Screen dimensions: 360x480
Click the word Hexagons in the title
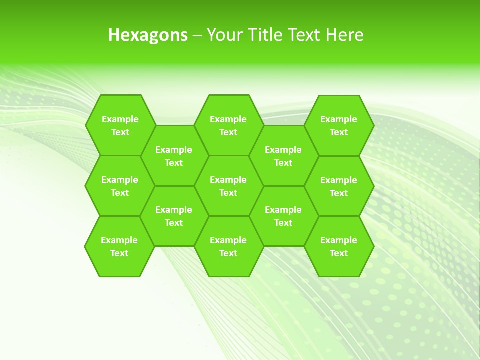[x=148, y=35]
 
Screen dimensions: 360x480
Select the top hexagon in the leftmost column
[x=120, y=125]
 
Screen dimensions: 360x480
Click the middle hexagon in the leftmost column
[x=120, y=186]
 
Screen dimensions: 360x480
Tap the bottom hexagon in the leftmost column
[x=119, y=246]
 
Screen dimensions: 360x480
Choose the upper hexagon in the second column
[x=174, y=156]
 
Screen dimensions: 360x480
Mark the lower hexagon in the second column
[x=174, y=216]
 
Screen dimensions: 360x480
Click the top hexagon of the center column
[x=228, y=125]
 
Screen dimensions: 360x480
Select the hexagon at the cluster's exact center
[x=228, y=186]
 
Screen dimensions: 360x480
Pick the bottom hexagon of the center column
[x=228, y=246]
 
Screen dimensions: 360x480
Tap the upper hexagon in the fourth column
[x=283, y=156]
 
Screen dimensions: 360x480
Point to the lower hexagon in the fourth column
[x=283, y=216]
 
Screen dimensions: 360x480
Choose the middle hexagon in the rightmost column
[x=339, y=186]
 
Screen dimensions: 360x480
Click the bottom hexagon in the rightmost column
[x=339, y=246]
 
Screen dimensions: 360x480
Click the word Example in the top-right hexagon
[x=339, y=119]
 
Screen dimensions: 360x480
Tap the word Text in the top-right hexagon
[x=339, y=132]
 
